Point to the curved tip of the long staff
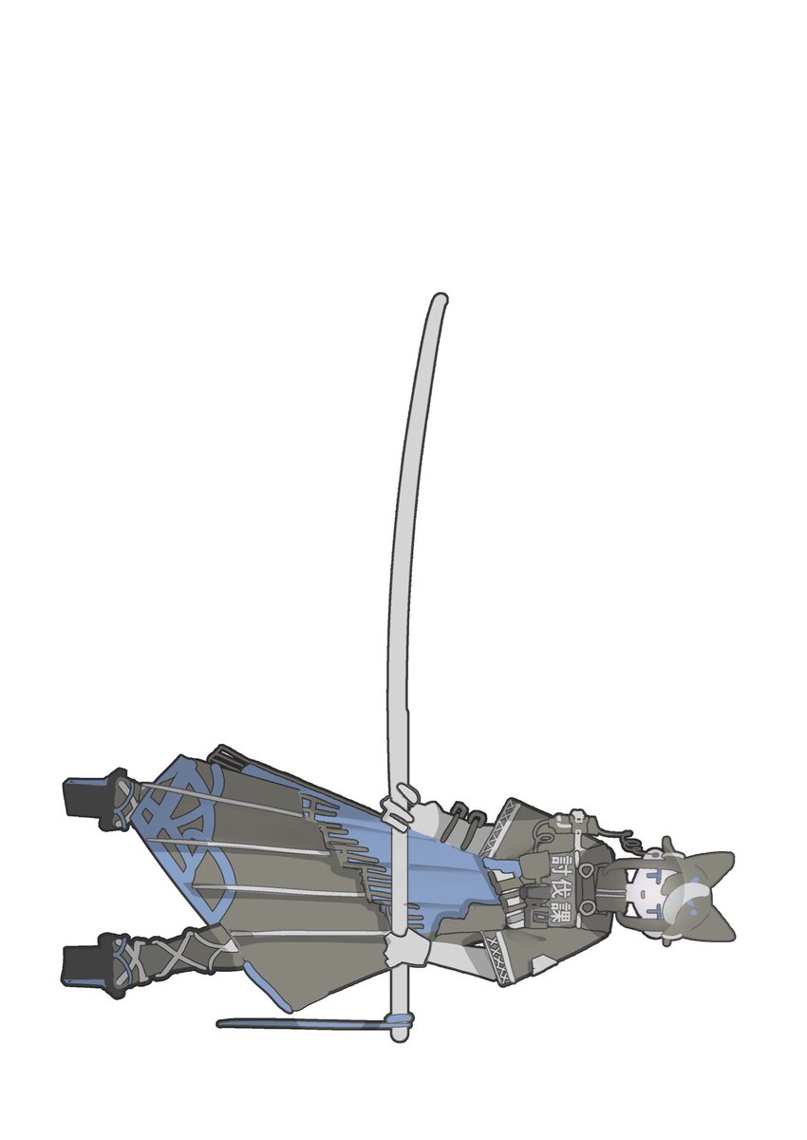438,301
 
